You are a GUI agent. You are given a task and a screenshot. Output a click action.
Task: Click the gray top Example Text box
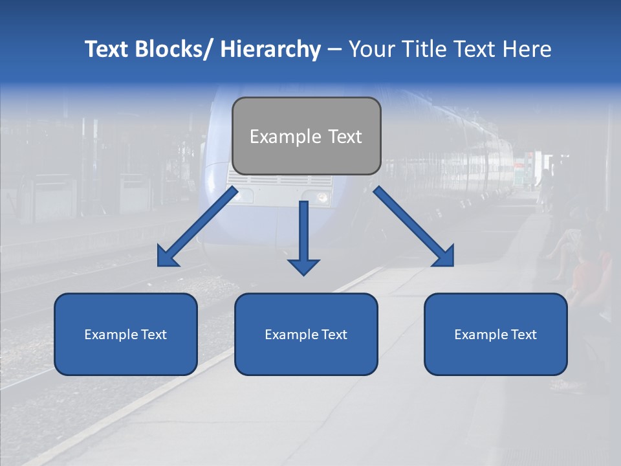(306, 136)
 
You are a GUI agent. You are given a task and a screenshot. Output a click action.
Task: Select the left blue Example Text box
(125, 334)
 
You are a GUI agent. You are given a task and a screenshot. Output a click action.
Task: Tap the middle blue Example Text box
(306, 334)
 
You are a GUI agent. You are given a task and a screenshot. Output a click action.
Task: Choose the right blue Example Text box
(496, 334)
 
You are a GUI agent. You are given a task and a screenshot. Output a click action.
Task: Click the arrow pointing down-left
(197, 227)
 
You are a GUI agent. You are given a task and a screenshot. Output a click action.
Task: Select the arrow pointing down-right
(414, 227)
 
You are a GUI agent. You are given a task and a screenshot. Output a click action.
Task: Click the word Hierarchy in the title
(270, 49)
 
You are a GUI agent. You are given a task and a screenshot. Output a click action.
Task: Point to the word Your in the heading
(371, 49)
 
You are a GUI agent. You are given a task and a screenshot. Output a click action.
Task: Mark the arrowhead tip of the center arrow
(303, 274)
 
